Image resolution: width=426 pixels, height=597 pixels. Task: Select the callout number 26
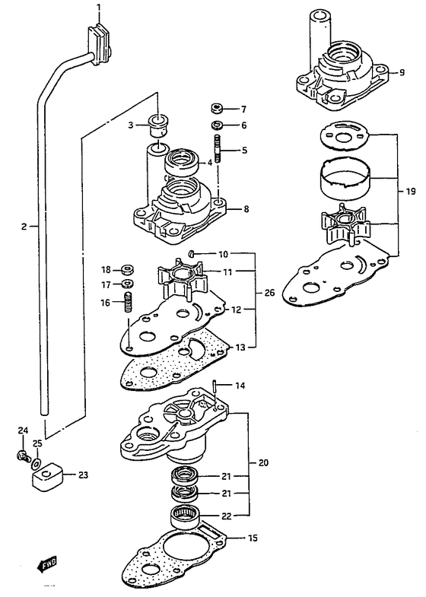(269, 293)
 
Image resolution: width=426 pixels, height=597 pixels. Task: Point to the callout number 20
(263, 463)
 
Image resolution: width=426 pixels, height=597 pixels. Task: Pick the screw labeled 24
(24, 456)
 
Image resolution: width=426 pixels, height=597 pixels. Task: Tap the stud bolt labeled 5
(218, 149)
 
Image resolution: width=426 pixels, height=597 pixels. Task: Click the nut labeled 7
(218, 110)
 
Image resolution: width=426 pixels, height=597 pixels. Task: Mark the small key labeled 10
(192, 253)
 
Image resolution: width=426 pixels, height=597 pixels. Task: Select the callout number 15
(252, 538)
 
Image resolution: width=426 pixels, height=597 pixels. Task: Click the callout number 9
(402, 72)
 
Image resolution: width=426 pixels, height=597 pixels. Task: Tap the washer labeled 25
(37, 463)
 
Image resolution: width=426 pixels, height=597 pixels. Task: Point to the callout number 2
(24, 227)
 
